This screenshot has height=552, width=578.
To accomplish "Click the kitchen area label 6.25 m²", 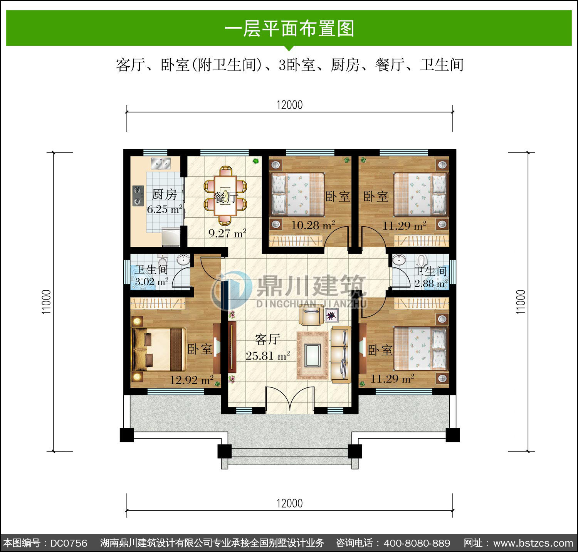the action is [165, 210].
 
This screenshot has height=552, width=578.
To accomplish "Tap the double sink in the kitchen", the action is [161, 164].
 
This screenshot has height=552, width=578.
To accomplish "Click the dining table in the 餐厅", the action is [226, 195].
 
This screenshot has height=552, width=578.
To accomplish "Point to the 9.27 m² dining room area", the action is [227, 233].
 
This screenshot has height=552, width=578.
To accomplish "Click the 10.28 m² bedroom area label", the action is [313, 225].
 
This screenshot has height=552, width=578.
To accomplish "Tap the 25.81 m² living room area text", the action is [268, 355].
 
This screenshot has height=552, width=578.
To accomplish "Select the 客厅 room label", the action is [267, 340].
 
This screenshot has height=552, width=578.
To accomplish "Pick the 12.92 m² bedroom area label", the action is [192, 380].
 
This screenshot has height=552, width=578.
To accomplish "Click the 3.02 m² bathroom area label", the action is [151, 282].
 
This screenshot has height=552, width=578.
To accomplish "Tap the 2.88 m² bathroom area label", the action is [431, 284].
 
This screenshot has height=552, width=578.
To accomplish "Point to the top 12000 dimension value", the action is [290, 105].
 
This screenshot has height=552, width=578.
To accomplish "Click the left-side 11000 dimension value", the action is [47, 302].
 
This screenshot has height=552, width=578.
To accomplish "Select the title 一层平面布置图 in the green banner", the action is [289, 28].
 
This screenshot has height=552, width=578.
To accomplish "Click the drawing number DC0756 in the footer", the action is [69, 543].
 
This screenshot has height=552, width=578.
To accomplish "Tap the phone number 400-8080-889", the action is [417, 543].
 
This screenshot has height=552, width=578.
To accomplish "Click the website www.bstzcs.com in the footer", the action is [533, 543].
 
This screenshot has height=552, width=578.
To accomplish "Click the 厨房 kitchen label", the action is [165, 194].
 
